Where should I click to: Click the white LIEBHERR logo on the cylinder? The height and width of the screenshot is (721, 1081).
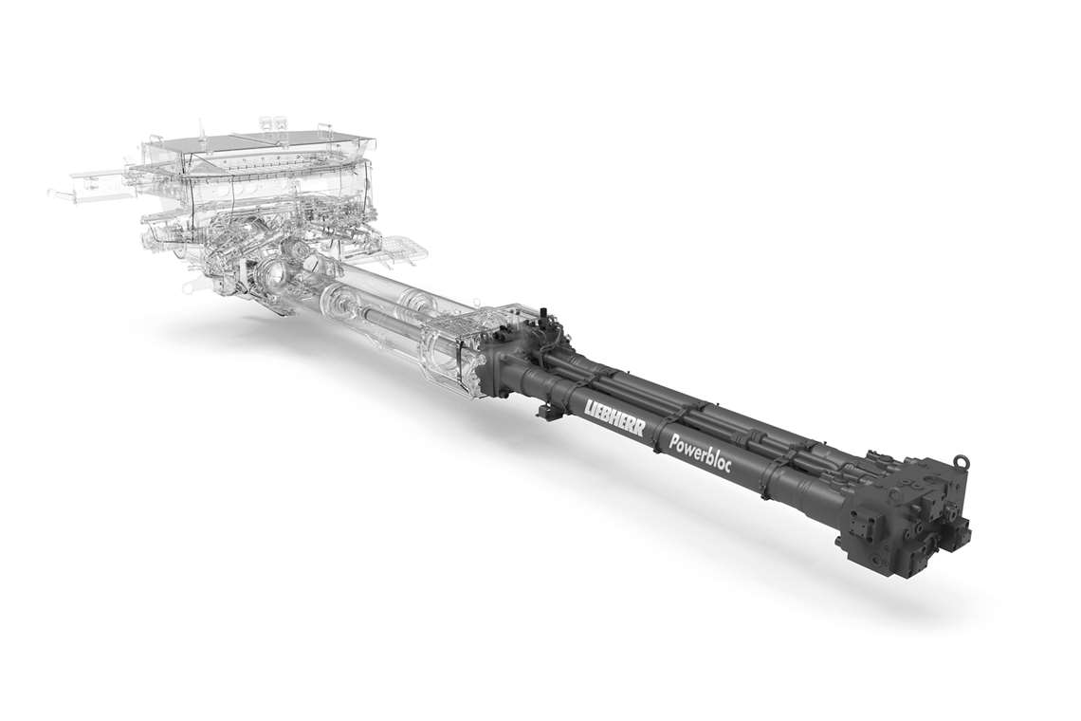pos(614,417)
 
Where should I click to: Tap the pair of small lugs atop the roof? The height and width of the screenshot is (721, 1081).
pos(272,122)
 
